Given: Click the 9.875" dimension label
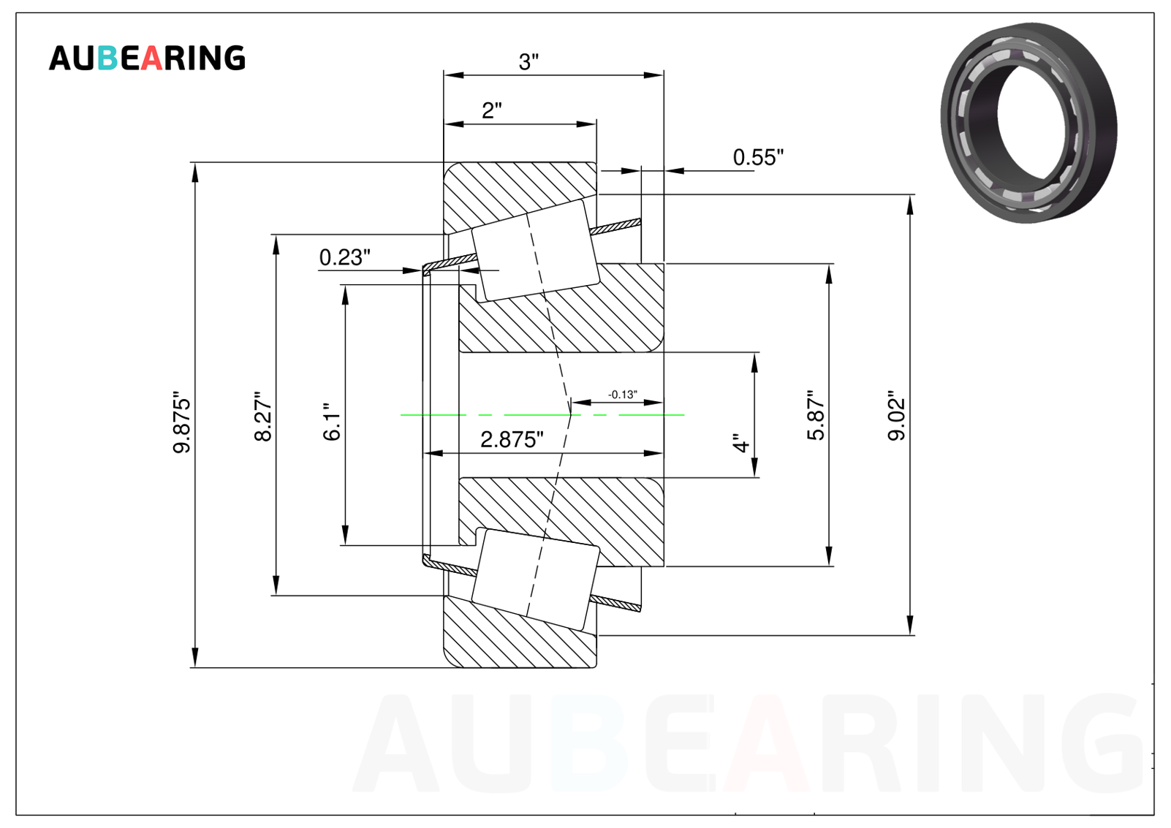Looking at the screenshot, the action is [x=181, y=422].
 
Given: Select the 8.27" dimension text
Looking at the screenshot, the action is [x=263, y=416].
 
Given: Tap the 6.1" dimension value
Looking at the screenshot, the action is [x=331, y=422].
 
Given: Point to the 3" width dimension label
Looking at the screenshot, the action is [x=528, y=61].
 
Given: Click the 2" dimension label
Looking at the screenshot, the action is [x=491, y=110].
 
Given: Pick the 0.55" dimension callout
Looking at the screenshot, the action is [x=758, y=157].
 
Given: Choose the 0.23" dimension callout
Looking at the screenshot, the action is [x=344, y=257].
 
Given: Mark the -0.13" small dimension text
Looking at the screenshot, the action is [x=623, y=394].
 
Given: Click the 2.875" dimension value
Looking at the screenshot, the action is [x=512, y=440].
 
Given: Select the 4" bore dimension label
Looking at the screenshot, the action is [x=741, y=442].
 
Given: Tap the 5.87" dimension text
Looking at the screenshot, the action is [x=816, y=415].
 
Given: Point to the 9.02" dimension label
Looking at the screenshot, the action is [x=896, y=415].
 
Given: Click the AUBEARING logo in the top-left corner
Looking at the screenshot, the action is [x=147, y=58].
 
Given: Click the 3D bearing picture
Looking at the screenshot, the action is [x=1028, y=123].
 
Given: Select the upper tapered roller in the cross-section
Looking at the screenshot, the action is [x=535, y=250].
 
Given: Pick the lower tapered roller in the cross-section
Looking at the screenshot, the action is [x=535, y=580].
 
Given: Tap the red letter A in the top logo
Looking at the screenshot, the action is [x=151, y=58].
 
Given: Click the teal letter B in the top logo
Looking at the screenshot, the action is [x=107, y=58].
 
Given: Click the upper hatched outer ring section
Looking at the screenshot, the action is [x=520, y=196].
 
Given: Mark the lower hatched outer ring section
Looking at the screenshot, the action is [x=520, y=634].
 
